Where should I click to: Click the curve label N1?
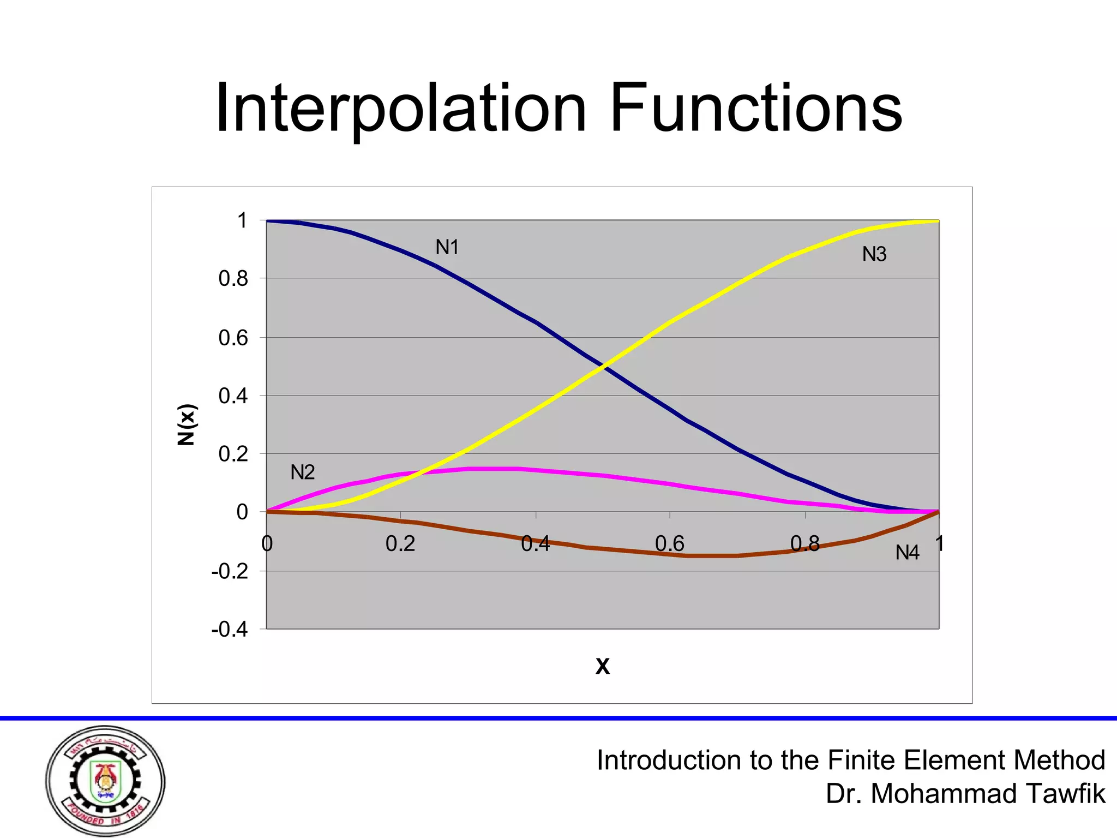click(447, 248)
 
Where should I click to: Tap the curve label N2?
click(302, 472)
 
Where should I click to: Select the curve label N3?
click(874, 254)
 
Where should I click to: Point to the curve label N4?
click(907, 553)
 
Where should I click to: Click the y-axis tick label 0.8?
click(233, 279)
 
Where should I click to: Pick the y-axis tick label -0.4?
click(230, 630)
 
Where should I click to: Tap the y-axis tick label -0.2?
click(230, 572)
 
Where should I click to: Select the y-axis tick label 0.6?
click(233, 338)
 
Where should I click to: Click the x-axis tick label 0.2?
click(400, 544)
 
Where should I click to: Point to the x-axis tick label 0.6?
click(669, 544)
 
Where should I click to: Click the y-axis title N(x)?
click(187, 424)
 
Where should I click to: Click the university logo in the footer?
click(105, 781)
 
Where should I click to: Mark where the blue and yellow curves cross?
click(603, 367)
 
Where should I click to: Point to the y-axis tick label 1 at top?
click(242, 221)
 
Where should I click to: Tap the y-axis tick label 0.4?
click(233, 396)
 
